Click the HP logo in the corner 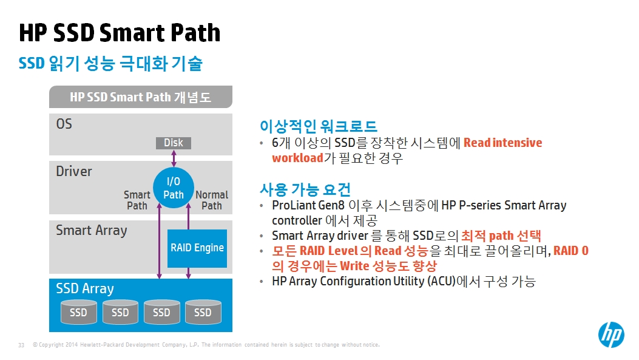click(611, 335)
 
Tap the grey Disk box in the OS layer click(174, 143)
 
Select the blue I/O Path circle click(174, 188)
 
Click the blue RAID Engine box click(197, 248)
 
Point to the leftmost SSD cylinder click(79, 312)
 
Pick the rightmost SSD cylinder click(203, 312)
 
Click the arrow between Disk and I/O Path click(174, 158)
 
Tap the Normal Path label click(212, 200)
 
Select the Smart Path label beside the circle click(137, 200)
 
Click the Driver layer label click(74, 171)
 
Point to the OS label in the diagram click(64, 124)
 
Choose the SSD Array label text click(85, 288)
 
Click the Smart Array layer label click(91, 231)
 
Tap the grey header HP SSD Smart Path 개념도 click(141, 97)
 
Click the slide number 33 click(21, 345)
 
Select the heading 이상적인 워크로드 click(319, 126)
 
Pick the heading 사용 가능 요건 click(305, 189)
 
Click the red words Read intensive click(503, 143)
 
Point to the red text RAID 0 click(571, 250)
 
